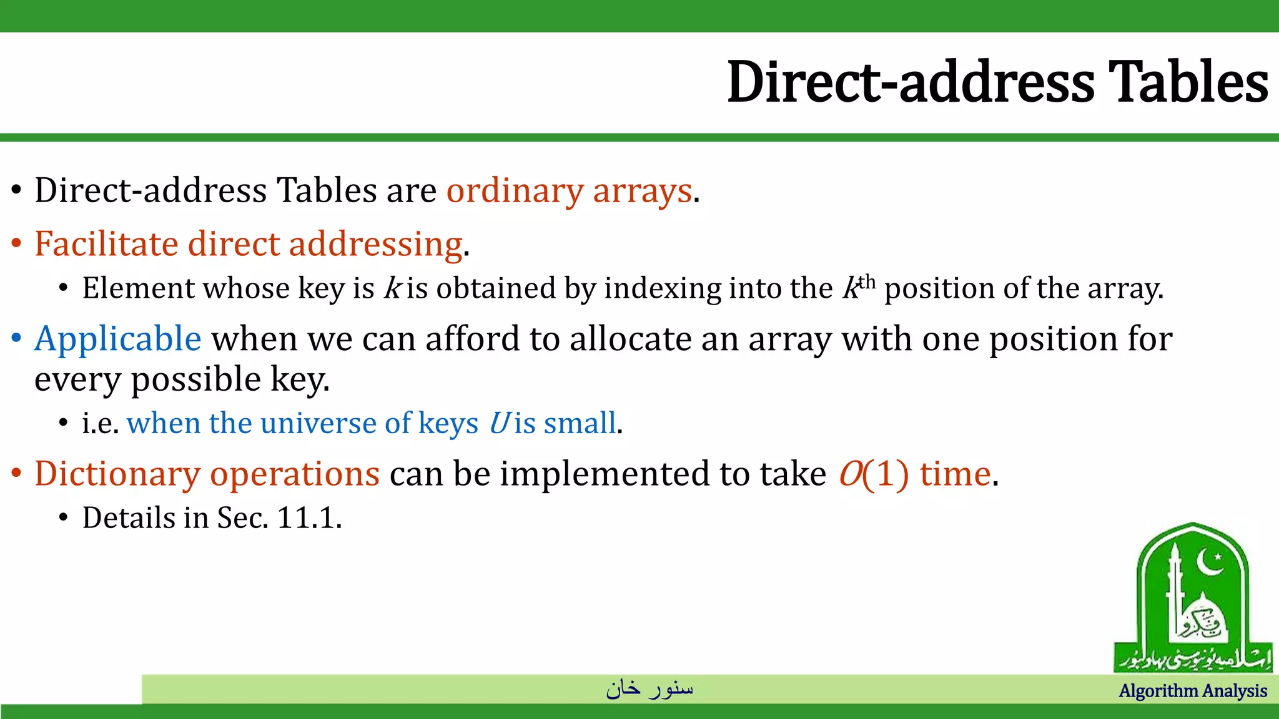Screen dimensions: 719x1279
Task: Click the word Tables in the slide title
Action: tap(1188, 82)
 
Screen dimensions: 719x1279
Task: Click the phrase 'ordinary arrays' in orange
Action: tap(569, 190)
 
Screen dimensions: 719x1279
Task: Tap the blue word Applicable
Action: tap(117, 339)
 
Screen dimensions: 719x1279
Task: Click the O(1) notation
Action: tap(873, 474)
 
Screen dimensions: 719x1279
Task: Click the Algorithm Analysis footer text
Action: tap(1192, 691)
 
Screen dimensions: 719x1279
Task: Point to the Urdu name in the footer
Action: tap(649, 688)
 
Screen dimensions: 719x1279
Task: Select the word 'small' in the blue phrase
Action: tap(580, 423)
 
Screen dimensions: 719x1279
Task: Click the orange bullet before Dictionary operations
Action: tap(17, 474)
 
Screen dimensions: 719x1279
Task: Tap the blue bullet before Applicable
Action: tap(17, 339)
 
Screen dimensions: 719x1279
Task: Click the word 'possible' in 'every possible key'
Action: tap(195, 379)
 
